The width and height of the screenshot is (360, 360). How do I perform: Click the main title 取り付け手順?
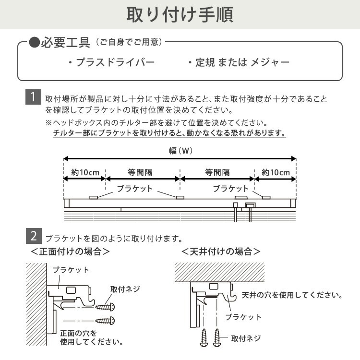tap(180, 14)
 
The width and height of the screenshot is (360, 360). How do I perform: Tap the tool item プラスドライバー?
tap(111, 63)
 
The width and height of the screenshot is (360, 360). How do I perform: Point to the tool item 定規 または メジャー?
tap(239, 63)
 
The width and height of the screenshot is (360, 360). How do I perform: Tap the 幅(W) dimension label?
tap(180, 150)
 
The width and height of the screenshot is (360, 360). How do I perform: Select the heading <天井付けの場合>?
tap(221, 251)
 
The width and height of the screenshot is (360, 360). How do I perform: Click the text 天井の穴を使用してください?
tap(291, 295)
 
